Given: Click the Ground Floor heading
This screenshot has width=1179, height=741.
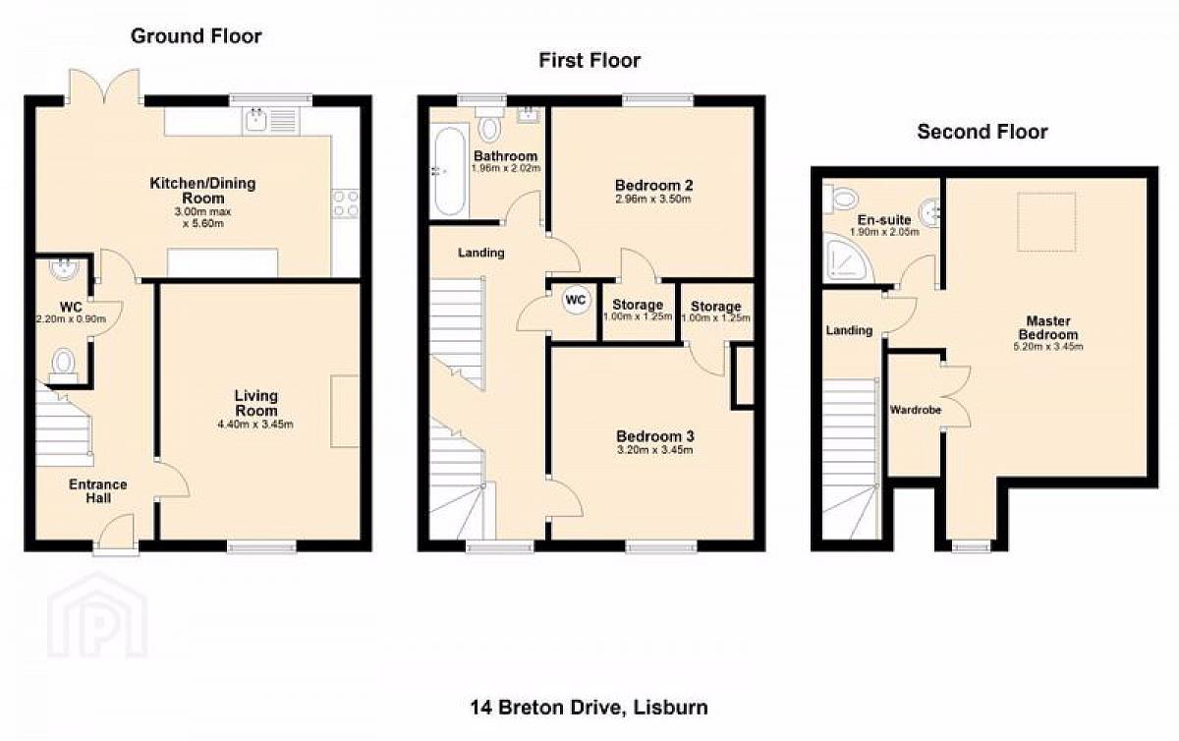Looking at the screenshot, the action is click(x=196, y=36).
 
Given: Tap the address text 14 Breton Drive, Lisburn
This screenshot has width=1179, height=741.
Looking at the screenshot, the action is click(x=589, y=708).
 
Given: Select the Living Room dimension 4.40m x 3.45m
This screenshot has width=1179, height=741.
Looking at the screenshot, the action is click(x=255, y=425).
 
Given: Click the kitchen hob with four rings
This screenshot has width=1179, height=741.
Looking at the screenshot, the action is click(x=345, y=203).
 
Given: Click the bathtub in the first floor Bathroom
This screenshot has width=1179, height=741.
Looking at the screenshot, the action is click(x=450, y=171).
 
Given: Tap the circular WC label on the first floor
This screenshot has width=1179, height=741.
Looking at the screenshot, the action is click(x=576, y=300).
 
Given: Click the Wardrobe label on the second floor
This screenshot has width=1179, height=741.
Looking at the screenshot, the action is click(x=916, y=410).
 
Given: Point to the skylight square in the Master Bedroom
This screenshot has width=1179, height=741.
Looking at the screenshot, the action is click(x=1046, y=222).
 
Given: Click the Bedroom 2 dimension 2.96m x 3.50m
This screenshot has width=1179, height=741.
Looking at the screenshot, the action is click(x=652, y=199).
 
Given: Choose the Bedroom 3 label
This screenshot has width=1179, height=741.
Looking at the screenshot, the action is click(x=654, y=436).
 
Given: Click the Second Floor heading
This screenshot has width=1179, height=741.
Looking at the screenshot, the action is click(x=982, y=132).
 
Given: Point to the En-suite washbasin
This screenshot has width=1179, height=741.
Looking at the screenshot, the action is click(x=929, y=213).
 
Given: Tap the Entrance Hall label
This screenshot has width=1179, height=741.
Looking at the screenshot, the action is click(x=98, y=490).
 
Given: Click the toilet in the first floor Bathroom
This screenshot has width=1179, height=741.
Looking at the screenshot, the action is click(x=489, y=124).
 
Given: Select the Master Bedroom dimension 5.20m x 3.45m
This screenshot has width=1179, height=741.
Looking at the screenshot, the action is click(x=1048, y=347).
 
